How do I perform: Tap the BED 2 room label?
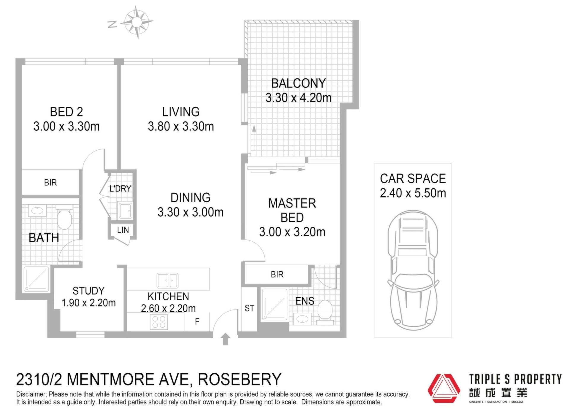(66, 112)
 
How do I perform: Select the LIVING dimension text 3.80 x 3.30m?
(181, 126)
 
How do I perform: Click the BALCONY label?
(298, 83)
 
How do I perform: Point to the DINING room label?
(190, 197)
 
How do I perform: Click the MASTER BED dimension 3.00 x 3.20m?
(292, 232)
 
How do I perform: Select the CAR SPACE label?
(413, 179)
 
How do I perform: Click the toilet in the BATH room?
(64, 217)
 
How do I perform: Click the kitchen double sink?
(167, 280)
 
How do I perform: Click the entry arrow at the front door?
(225, 339)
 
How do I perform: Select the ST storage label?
(249, 308)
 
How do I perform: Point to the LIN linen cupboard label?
(123, 230)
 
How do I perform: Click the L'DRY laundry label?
(120, 189)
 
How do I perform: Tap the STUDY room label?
(88, 291)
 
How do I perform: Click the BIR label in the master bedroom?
(277, 275)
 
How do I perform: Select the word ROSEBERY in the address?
(239, 380)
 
